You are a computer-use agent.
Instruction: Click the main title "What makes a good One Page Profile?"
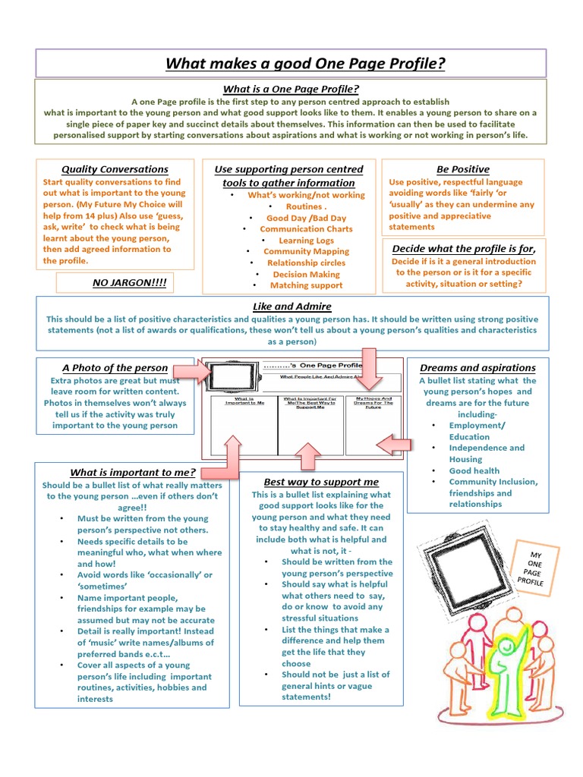[x=305, y=64]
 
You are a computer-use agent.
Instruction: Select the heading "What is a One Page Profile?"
[x=291, y=90]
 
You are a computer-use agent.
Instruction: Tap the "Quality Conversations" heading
[x=115, y=169]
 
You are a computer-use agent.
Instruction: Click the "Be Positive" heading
[x=462, y=169]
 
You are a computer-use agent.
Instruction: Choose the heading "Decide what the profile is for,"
[x=463, y=248]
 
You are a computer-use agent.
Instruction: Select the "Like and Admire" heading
[x=291, y=307]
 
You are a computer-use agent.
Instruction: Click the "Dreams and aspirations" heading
[x=477, y=368]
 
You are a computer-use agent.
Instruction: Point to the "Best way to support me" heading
[x=310, y=482]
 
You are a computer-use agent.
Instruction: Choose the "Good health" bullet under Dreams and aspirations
[x=474, y=470]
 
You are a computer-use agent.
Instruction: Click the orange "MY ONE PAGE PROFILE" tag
[x=531, y=568]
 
